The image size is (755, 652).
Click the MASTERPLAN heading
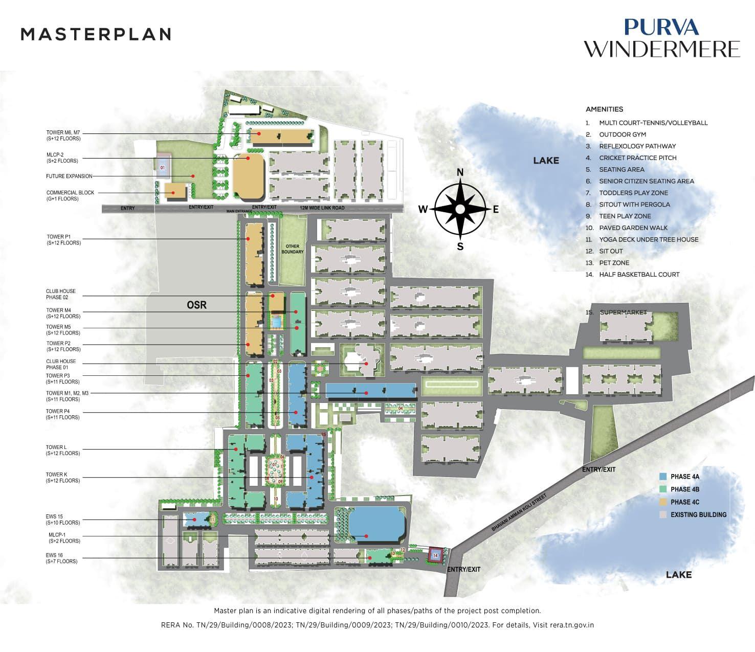pyautogui.click(x=96, y=34)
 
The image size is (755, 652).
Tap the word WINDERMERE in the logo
pyautogui.click(x=662, y=50)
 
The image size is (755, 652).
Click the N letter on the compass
pyautogui.click(x=460, y=172)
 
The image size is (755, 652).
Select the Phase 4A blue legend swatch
pyautogui.click(x=662, y=477)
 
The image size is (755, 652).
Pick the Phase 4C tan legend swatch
pyautogui.click(x=662, y=502)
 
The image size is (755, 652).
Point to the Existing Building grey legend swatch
pyautogui.click(x=662, y=515)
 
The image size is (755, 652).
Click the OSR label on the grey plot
pyautogui.click(x=196, y=305)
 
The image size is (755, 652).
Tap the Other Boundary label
pyautogui.click(x=293, y=249)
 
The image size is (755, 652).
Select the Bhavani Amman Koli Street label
pyautogui.click(x=519, y=512)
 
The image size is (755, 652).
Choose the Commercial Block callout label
pyautogui.click(x=63, y=196)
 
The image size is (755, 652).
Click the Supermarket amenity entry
pyautogui.click(x=623, y=312)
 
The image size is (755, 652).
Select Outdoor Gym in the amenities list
pyautogui.click(x=622, y=134)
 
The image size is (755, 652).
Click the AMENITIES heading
pyautogui.click(x=604, y=109)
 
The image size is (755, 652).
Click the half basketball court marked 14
pyautogui.click(x=435, y=555)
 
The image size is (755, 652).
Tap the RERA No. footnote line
pyautogui.click(x=377, y=625)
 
